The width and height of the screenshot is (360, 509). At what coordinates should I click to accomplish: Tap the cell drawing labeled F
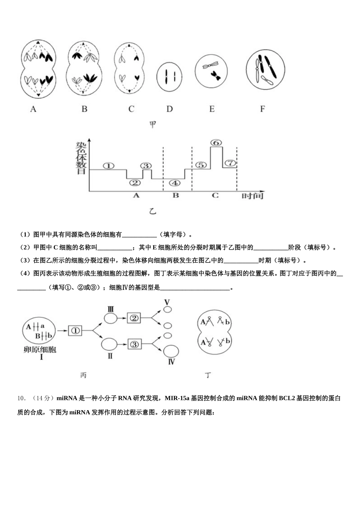(265, 70)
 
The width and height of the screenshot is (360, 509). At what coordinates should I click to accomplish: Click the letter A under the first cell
(33, 109)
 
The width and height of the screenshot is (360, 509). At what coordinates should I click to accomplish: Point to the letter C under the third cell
(131, 109)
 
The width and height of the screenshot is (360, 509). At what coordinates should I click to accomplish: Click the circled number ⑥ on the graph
(216, 143)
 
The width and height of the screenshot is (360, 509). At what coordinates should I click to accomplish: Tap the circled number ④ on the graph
(174, 183)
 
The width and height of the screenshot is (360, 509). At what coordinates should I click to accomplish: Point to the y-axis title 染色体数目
(81, 159)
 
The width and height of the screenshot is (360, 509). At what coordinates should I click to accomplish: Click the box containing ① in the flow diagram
(75, 330)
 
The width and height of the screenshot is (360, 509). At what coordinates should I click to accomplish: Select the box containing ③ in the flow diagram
(134, 344)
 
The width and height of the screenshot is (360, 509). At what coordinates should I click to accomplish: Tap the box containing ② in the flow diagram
(134, 318)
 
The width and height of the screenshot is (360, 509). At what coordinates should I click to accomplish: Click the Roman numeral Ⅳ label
(171, 362)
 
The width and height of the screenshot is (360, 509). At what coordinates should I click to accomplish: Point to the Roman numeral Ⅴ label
(167, 302)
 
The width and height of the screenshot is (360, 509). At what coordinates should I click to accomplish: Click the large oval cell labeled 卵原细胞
(39, 330)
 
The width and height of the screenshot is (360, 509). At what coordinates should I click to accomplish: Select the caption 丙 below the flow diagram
(83, 375)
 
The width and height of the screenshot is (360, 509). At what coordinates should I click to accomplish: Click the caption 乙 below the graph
(152, 211)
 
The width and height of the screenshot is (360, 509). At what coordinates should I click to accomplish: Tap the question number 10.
(22, 398)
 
